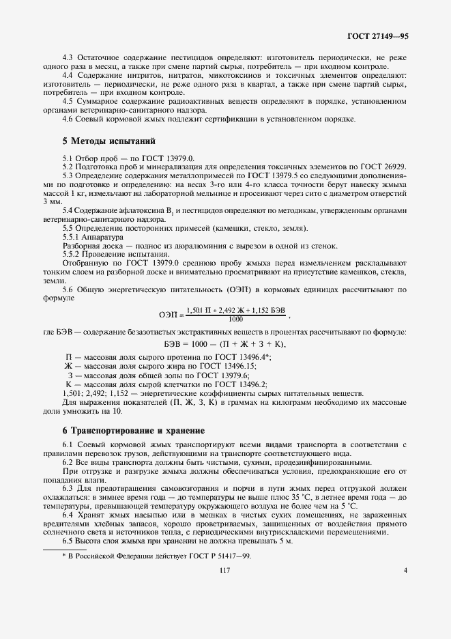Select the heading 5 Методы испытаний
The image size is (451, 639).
coord(109,141)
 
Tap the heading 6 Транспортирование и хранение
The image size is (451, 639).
coord(133,431)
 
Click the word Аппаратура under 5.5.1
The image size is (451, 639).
coord(98,236)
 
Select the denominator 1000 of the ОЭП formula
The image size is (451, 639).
coord(235,318)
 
